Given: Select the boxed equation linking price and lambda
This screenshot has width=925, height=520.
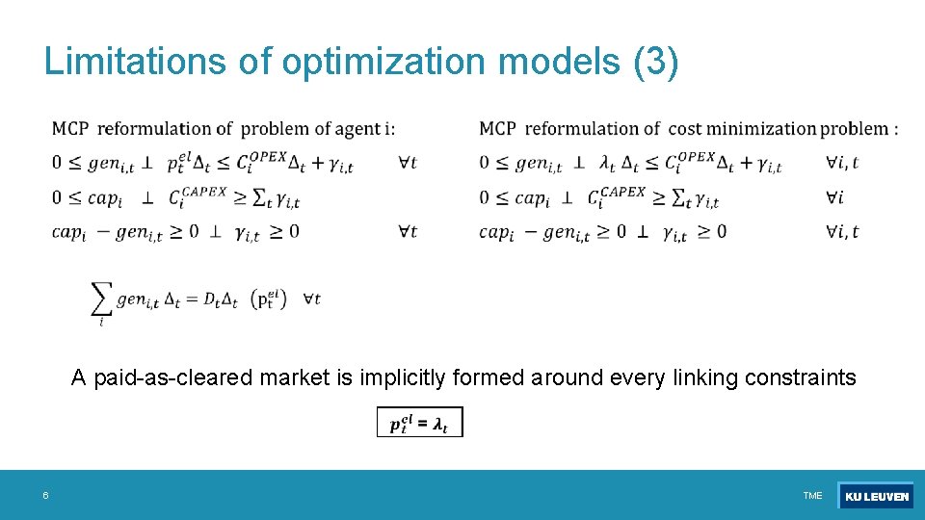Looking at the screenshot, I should tap(419, 422).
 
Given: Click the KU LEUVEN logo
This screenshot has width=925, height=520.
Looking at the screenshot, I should tap(875, 496).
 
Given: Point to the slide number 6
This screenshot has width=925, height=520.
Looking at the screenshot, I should tap(45, 495).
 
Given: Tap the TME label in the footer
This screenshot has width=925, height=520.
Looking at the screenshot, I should tap(812, 496).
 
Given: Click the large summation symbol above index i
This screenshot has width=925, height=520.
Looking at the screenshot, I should tap(100, 300).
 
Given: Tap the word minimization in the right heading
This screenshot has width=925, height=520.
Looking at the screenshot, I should tap(759, 128).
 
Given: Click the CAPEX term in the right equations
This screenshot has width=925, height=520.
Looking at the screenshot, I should tap(622, 193).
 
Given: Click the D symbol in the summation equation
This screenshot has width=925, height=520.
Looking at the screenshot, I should tap(209, 299).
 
